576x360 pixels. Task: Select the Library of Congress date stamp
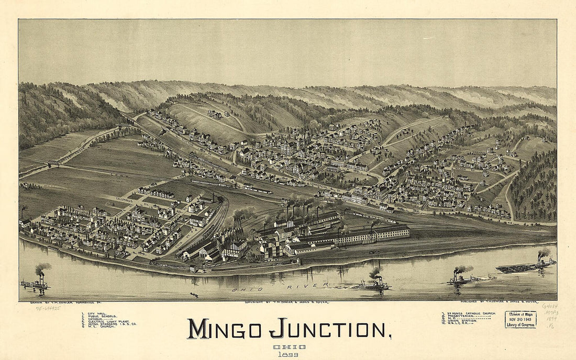tap(520, 319)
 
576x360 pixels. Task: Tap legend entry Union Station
tap(461, 320)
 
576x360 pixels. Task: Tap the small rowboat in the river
tap(194, 295)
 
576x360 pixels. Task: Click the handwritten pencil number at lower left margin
tap(47, 309)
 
